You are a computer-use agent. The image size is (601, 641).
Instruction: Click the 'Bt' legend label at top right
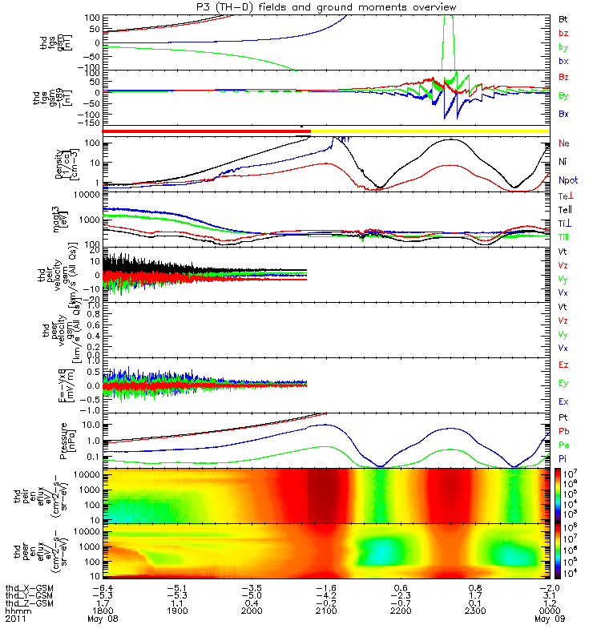click(x=563, y=18)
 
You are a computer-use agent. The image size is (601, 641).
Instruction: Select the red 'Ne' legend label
click(x=564, y=143)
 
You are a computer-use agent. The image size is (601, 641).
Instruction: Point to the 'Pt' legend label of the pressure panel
click(x=563, y=419)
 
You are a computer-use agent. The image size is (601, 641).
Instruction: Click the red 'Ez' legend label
click(x=564, y=365)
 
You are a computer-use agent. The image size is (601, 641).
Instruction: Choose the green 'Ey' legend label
click(x=564, y=383)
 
